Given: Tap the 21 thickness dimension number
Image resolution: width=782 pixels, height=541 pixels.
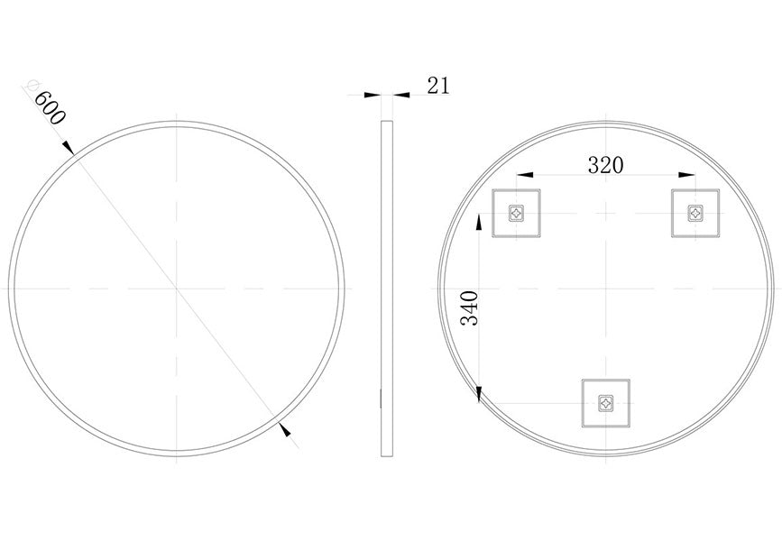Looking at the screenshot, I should point(437,86).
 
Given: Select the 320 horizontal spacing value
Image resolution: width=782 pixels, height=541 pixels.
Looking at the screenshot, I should point(605,165).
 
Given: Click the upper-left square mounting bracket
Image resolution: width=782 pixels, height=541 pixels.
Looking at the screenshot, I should point(516,214).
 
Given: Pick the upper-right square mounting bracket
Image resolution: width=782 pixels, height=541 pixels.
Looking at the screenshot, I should point(695,214).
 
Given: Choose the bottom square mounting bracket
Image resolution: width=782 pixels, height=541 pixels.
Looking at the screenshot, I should point(605,401).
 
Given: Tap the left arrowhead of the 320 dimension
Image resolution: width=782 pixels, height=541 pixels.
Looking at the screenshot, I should point(522,175).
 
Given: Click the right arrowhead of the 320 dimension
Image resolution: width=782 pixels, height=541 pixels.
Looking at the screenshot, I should point(688,175).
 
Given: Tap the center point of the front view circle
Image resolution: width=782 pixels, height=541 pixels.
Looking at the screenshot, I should point(178,289).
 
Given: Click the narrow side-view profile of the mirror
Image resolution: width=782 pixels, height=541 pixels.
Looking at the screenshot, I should point(387,289).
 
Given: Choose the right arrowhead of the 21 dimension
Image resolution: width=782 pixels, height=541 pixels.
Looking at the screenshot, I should point(399,94).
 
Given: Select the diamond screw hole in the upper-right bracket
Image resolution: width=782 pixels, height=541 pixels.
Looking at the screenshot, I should point(695,213).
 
